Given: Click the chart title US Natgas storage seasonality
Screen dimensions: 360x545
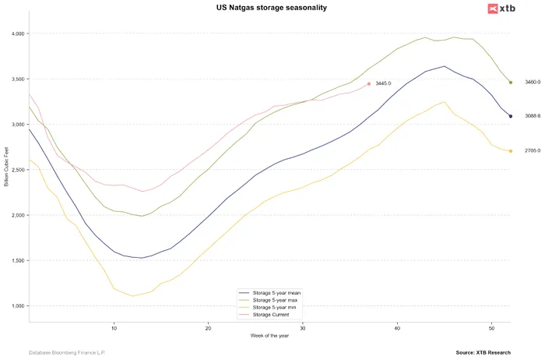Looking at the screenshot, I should point(272,8).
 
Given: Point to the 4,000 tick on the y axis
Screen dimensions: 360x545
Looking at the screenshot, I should point(16,34).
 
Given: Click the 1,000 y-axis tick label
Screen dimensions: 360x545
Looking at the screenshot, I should point(16,306).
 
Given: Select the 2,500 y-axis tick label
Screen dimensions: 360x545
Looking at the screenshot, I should point(16,170).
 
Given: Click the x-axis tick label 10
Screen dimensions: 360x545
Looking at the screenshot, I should point(114,327).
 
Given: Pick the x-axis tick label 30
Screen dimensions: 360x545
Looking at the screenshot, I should point(303,327).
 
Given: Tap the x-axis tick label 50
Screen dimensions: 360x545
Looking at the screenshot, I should point(491,327).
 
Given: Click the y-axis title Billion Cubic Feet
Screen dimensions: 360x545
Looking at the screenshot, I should point(7,170).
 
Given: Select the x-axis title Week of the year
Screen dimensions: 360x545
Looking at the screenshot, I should point(269,336).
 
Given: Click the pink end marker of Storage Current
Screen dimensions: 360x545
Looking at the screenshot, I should point(369,83).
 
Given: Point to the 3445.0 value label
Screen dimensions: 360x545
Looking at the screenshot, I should point(381,83).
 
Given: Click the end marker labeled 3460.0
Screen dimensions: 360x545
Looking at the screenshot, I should point(511,82).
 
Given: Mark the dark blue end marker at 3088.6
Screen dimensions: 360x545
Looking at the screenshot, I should point(511,116).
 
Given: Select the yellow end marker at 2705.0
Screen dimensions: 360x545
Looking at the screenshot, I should point(511,151).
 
